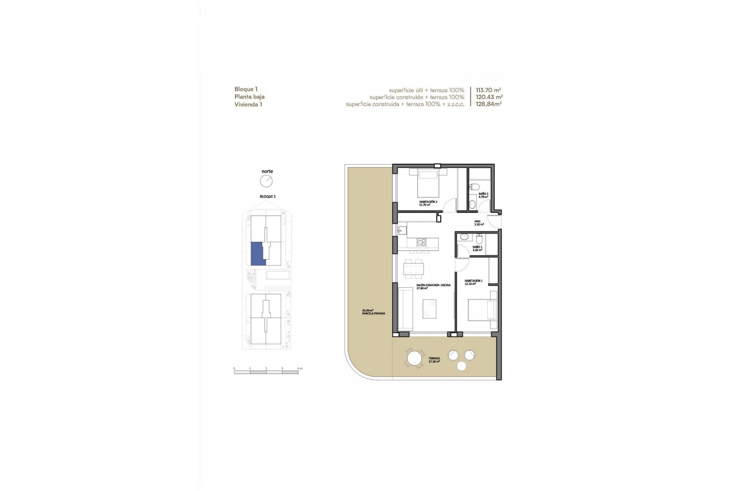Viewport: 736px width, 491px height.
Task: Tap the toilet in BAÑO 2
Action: point(474,187)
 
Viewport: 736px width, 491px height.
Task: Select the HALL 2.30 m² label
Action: point(479,222)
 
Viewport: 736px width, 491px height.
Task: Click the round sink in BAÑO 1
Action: point(464,237)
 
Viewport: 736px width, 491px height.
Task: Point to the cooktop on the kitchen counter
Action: point(421,242)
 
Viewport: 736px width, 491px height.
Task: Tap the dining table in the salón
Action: point(414,269)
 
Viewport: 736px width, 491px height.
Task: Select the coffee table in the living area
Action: point(429,308)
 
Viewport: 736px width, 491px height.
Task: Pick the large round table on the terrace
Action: point(414,359)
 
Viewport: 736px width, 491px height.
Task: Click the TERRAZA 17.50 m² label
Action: point(434,360)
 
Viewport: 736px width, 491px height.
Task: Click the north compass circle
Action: point(266,181)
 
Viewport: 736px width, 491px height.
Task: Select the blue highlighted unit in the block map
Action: point(257,253)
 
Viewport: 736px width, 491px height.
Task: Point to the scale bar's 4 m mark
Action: point(298,369)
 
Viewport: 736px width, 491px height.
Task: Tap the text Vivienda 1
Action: point(248,104)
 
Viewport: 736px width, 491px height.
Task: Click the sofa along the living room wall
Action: point(405,309)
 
